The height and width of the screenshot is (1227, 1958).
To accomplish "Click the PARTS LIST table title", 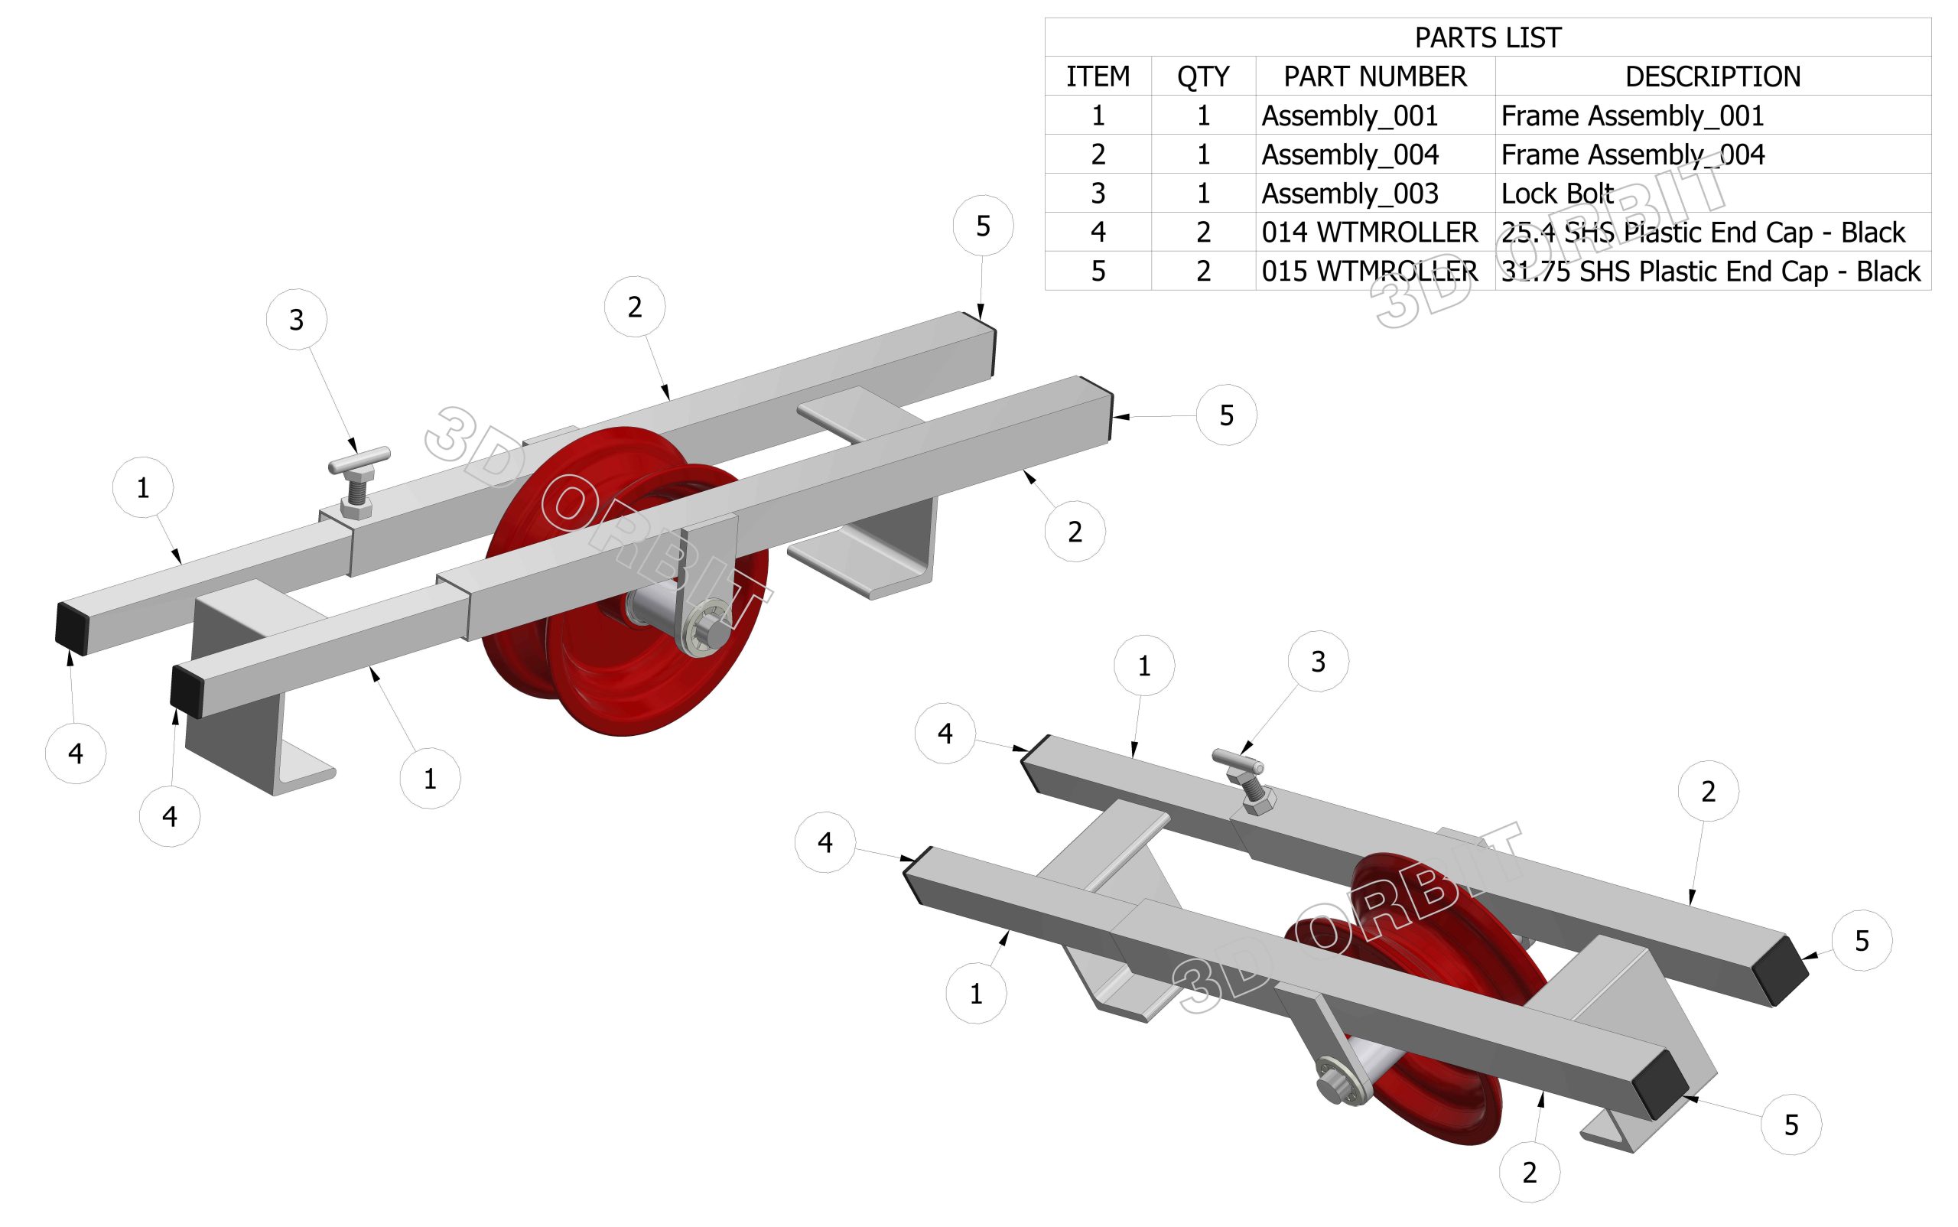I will pyautogui.click(x=1487, y=37).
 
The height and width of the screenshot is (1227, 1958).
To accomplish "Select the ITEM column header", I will pyautogui.click(x=1097, y=76).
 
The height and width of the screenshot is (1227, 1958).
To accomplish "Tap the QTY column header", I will pyautogui.click(x=1202, y=76).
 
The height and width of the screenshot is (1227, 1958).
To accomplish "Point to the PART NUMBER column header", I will pyautogui.click(x=1374, y=76).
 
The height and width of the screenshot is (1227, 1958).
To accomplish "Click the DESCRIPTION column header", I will pyautogui.click(x=1712, y=76).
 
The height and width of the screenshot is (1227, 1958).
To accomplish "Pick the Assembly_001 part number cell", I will pyautogui.click(x=1349, y=116).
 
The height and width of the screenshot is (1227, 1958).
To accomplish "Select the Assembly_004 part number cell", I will pyautogui.click(x=1349, y=155).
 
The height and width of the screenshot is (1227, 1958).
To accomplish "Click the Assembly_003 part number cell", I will pyautogui.click(x=1349, y=193).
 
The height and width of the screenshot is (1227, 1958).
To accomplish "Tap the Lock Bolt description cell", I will pyautogui.click(x=1556, y=193).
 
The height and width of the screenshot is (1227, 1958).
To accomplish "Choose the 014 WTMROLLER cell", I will pyautogui.click(x=1369, y=232).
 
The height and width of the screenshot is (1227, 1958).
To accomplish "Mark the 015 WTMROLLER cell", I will pyautogui.click(x=1369, y=271).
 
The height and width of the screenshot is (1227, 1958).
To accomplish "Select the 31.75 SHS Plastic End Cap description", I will pyautogui.click(x=1709, y=271).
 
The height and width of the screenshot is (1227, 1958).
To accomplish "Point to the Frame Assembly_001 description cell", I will pyautogui.click(x=1632, y=116).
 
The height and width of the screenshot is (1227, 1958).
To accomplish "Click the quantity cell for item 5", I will pyautogui.click(x=1202, y=271).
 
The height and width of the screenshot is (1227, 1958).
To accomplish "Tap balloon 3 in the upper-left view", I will pyautogui.click(x=296, y=320).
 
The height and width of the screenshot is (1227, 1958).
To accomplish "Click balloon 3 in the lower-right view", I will pyautogui.click(x=1318, y=662).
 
